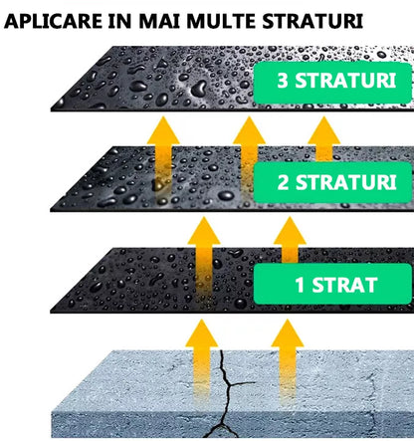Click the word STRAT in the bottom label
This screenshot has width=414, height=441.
[344, 284]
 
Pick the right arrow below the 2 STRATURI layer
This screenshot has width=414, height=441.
[289, 242]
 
